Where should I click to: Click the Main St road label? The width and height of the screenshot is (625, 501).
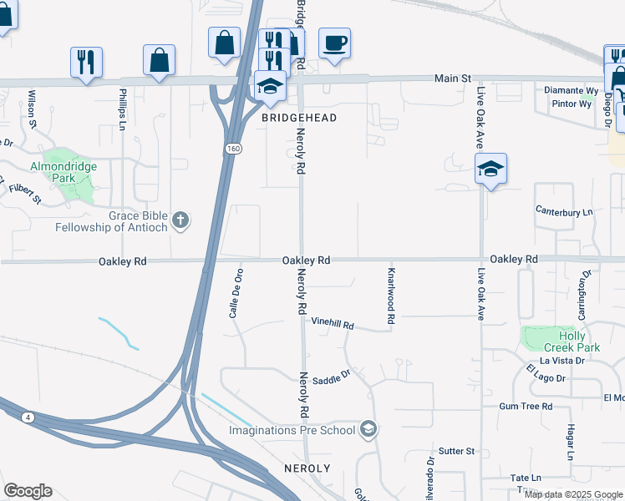452,78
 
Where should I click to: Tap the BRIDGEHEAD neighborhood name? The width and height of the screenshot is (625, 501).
299,119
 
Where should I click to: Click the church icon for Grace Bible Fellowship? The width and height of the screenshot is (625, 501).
180,220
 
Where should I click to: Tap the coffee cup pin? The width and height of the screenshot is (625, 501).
334,44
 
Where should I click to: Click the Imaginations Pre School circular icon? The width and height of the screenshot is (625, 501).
368,431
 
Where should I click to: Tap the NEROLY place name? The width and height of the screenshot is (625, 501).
307,468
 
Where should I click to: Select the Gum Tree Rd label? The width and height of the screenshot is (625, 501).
526,407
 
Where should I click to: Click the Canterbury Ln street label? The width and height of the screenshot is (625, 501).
564,212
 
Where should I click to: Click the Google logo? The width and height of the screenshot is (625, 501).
28,491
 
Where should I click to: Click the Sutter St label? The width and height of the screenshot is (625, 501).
457,452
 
